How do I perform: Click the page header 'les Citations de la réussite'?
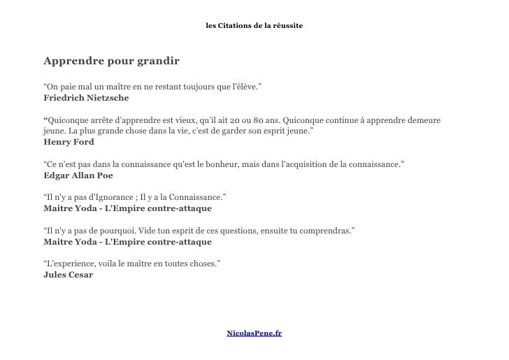254,26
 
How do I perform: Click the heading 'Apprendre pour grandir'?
111,61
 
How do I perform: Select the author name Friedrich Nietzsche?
86,99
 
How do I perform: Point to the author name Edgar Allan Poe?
78,175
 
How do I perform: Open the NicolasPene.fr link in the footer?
254,333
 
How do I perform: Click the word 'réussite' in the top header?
288,26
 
